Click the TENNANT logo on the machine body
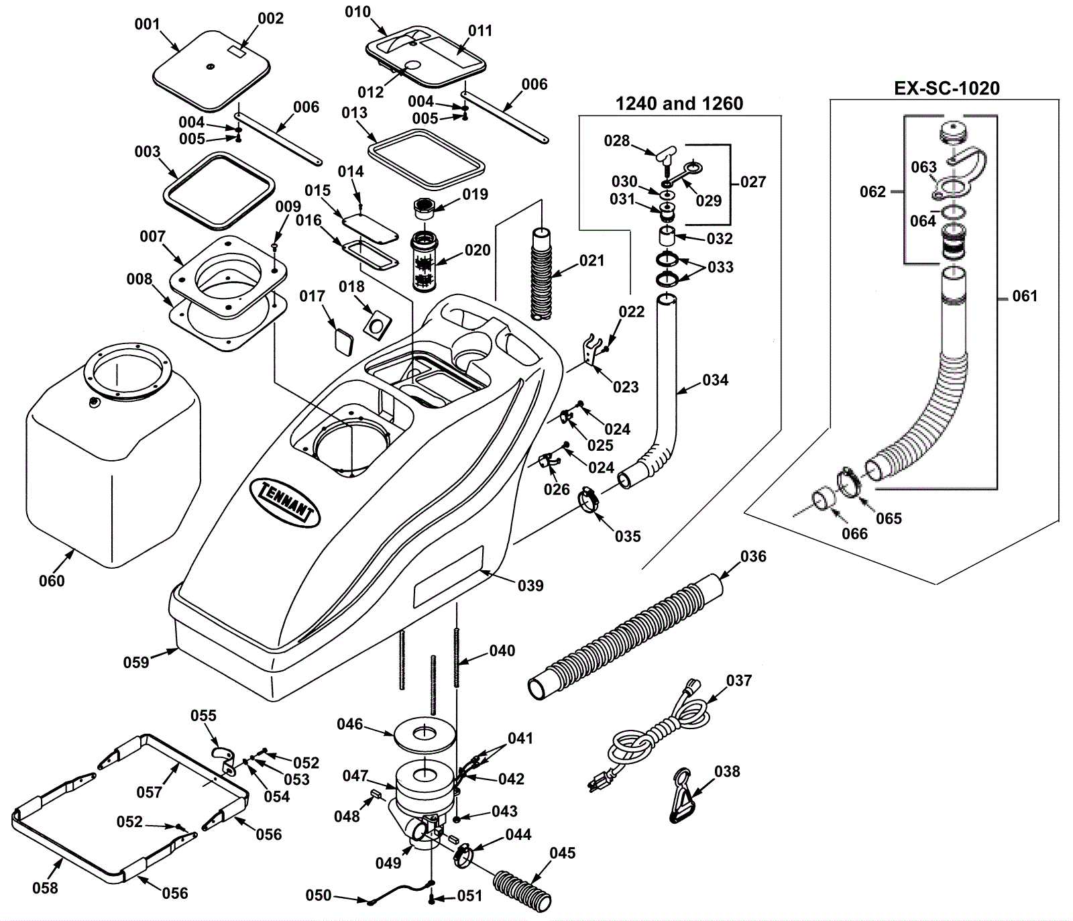pyautogui.click(x=285, y=502)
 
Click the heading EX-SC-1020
pyautogui.click(x=946, y=89)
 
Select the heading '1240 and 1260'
pyautogui.click(x=679, y=104)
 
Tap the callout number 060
pyautogui.click(x=52, y=581)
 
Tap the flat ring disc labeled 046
pyautogui.click(x=423, y=735)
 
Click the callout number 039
pyautogui.click(x=530, y=586)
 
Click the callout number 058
pyautogui.click(x=45, y=887)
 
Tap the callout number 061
pyautogui.click(x=1024, y=296)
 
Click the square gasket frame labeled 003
pyautogui.click(x=218, y=191)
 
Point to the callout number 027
pyautogui.click(x=752, y=182)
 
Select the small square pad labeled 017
pyautogui.click(x=343, y=339)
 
